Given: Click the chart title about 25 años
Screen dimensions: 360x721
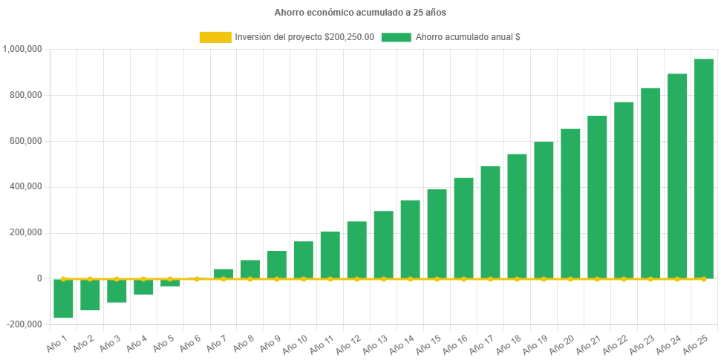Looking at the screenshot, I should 360,13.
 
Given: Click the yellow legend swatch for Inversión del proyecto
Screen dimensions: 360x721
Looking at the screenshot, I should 215,37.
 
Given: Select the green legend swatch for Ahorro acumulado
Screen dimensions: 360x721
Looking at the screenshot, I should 396,37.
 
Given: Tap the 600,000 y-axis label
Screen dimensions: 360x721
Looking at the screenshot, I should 25,141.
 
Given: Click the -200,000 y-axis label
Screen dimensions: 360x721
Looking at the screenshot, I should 24,324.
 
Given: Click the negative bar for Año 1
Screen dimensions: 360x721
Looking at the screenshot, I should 63,298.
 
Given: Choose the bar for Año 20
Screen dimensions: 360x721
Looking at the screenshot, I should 570,203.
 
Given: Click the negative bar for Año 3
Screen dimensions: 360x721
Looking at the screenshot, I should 117,290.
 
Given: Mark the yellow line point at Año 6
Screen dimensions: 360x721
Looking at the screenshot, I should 197,279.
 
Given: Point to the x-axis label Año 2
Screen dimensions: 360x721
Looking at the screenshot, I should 84,342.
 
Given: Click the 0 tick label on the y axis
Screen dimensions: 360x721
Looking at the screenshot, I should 38,278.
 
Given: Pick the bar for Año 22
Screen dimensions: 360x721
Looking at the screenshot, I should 624,190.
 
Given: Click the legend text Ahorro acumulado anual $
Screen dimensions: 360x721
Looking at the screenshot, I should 467,37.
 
